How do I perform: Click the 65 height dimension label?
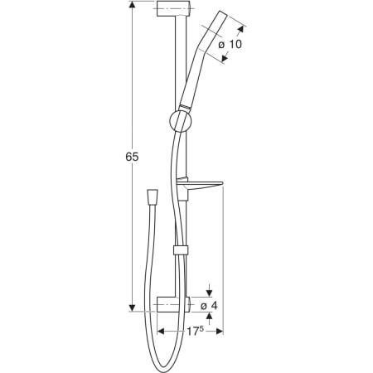tap(132, 157)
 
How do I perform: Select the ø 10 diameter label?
tap(230, 44)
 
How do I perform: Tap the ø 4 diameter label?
tap(209, 306)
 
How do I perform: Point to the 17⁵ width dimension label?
tap(196, 331)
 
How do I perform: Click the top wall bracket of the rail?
tap(173, 8)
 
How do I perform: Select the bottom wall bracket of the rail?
tap(173, 304)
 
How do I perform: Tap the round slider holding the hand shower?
tap(180, 122)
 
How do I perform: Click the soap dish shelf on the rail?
tap(199, 186)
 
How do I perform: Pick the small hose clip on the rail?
tap(181, 249)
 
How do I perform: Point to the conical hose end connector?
tap(153, 196)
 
